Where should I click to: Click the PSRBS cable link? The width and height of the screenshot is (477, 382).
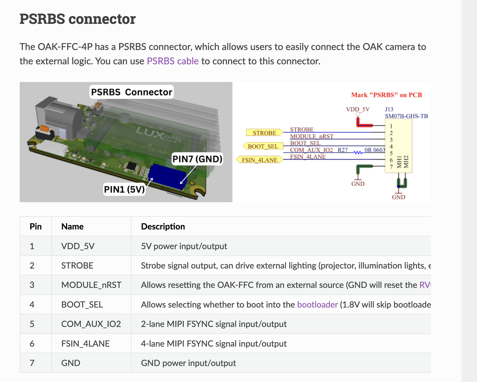172,61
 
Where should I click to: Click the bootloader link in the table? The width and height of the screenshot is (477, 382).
317,304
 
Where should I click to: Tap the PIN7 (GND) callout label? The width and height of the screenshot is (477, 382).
197,159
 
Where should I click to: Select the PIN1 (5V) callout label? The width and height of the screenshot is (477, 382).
124,189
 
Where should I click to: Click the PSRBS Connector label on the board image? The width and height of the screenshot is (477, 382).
131,92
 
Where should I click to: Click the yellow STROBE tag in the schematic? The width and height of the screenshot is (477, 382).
264,133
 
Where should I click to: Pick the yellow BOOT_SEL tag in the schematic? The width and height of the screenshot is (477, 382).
263,146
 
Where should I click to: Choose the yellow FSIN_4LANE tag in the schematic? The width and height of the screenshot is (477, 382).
260,160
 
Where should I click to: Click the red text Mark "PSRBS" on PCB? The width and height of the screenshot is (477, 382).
386,95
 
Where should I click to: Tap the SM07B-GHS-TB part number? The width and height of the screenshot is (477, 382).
406,116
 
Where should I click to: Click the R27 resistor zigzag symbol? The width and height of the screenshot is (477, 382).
358,153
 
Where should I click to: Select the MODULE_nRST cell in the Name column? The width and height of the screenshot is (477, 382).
91,285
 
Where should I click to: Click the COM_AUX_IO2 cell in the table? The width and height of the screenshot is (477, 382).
91,324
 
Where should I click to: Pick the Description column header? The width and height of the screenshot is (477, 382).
163,226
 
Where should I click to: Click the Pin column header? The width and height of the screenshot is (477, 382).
36,226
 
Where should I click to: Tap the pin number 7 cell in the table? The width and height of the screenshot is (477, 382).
32,363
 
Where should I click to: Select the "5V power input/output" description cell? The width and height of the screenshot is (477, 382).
184,246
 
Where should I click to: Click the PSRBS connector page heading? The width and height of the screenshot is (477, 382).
78,19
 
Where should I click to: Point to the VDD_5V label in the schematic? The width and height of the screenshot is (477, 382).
358,109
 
